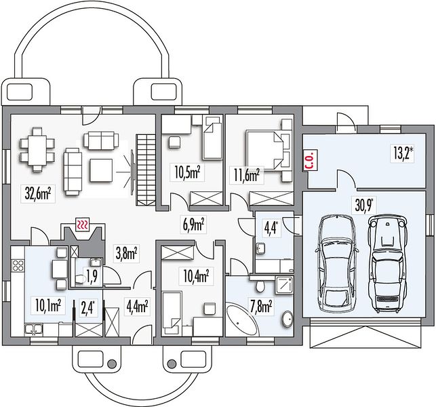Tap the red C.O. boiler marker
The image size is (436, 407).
pos(311,161)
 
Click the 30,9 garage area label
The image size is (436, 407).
pos(363,206)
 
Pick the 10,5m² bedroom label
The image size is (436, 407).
pos(187,173)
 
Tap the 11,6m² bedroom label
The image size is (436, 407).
pos(246,176)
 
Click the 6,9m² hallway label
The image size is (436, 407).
pos(194,225)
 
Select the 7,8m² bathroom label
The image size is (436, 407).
pos(260,307)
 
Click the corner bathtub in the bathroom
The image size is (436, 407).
pos(240,320)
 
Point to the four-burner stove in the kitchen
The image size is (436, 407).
pos(18,265)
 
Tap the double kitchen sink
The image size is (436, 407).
pos(33,329)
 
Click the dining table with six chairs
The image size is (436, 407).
pos(37,150)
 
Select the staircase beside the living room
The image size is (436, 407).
pos(145,170)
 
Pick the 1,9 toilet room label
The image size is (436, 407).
pos(92,277)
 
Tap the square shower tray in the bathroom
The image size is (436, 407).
pos(285,285)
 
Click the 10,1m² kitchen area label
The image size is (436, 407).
pos(48,305)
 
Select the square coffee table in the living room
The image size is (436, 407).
pos(101,170)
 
